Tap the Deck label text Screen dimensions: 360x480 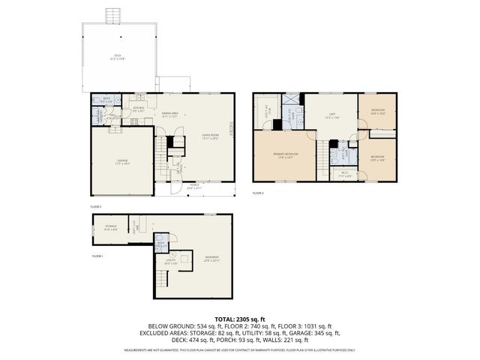[x=118, y=55]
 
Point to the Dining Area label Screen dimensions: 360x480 [x=172, y=115]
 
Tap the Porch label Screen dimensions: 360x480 [x=193, y=186]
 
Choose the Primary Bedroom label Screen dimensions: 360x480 [x=286, y=155]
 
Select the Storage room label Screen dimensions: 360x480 [x=109, y=226]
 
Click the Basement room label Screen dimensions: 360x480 [x=212, y=259]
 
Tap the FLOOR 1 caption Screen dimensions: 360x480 [x=97, y=256]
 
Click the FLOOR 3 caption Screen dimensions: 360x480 [x=258, y=193]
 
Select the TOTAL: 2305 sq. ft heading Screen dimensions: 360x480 [x=240, y=319]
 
